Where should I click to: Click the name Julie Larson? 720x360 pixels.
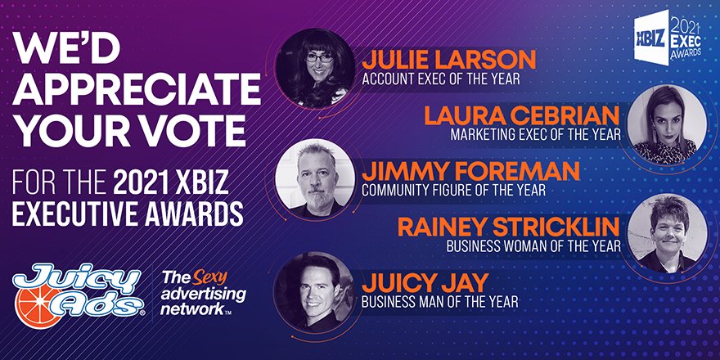(x=448, y=61)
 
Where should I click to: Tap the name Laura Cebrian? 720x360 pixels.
(x=522, y=115)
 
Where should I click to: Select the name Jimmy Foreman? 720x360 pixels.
(x=470, y=171)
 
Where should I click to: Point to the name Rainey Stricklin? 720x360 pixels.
(x=509, y=227)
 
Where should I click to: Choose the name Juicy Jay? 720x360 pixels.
(x=425, y=283)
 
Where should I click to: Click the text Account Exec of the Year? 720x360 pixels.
(x=441, y=79)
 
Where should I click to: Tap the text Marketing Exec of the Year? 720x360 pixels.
(x=535, y=134)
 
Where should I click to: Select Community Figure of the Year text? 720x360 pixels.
(x=453, y=190)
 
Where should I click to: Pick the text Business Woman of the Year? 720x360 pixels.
(x=533, y=246)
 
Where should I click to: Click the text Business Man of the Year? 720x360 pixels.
(x=440, y=302)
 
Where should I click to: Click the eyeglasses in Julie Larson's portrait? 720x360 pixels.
(x=320, y=58)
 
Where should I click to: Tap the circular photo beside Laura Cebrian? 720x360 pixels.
(x=667, y=124)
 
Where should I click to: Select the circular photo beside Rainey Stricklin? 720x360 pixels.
(x=667, y=233)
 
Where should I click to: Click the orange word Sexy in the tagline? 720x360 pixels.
(x=209, y=278)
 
